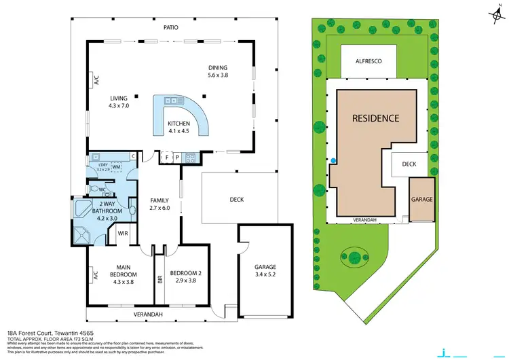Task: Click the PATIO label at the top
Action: [x=170, y=28]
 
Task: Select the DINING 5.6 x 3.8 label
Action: [x=218, y=71]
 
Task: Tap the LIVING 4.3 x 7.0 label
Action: [x=118, y=102]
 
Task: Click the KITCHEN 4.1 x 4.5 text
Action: [x=179, y=127]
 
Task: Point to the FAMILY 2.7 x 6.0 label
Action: [x=160, y=204]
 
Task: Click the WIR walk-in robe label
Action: [x=124, y=234]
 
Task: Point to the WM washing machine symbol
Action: [x=116, y=166]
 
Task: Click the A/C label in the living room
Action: [x=95, y=82]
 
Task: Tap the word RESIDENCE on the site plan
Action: [x=375, y=118]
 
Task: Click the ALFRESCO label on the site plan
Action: [x=369, y=61]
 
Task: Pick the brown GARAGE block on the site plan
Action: [x=421, y=200]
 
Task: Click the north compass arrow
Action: [x=490, y=13]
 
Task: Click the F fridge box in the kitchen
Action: [x=167, y=157]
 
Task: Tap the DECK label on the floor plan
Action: [x=236, y=200]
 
